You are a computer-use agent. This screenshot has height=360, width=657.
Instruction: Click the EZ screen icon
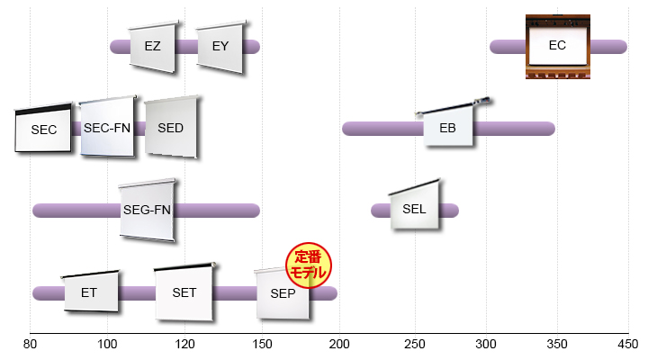point(153,47)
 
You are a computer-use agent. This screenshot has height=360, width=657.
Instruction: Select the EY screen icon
point(220,47)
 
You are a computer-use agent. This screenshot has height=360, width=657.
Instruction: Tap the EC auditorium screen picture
point(558,47)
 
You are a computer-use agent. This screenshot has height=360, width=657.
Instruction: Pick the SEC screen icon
point(43,128)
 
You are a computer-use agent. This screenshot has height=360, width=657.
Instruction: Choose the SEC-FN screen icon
point(108,127)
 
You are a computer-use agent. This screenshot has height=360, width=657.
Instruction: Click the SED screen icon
point(171,127)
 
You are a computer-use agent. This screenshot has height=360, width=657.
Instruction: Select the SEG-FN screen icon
point(147,210)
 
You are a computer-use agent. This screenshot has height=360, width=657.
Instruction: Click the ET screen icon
point(91,292)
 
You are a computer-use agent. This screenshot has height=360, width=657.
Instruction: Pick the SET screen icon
point(184,292)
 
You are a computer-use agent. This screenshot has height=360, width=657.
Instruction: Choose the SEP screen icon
point(283,293)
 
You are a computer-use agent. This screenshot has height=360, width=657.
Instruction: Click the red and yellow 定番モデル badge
point(309,265)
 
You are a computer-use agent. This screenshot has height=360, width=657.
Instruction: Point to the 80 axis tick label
point(30,345)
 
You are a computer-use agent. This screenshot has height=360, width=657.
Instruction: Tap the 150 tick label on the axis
point(262,345)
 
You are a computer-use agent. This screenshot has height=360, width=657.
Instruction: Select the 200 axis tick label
point(339,345)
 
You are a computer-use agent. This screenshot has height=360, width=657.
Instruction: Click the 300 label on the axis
point(486,345)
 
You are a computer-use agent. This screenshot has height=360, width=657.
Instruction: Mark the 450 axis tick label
point(627,345)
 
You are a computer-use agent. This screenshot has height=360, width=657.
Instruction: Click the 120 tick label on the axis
point(184,345)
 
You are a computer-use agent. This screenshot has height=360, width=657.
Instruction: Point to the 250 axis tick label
point(415,345)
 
